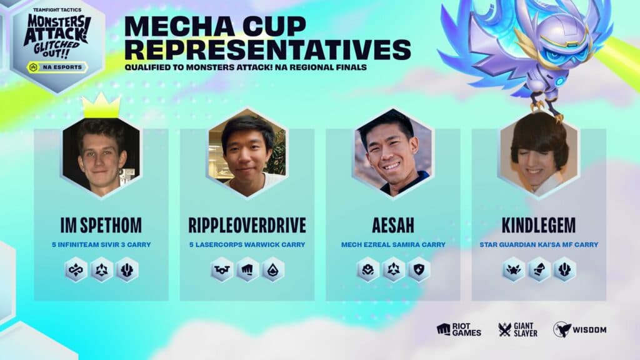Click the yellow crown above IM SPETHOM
coord(101,107)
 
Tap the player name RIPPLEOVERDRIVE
coord(247,226)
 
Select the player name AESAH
coord(392,226)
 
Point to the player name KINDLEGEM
coord(538,226)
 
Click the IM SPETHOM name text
coord(101,226)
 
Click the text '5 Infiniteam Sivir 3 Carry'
coord(101,244)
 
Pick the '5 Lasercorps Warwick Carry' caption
coord(247,244)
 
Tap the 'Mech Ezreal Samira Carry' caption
coord(392,244)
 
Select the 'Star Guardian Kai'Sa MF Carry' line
coord(538,244)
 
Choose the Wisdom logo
coord(579,329)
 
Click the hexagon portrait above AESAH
coord(392,152)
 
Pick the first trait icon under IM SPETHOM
coord(76,269)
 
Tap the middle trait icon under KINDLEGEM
coord(538,269)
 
